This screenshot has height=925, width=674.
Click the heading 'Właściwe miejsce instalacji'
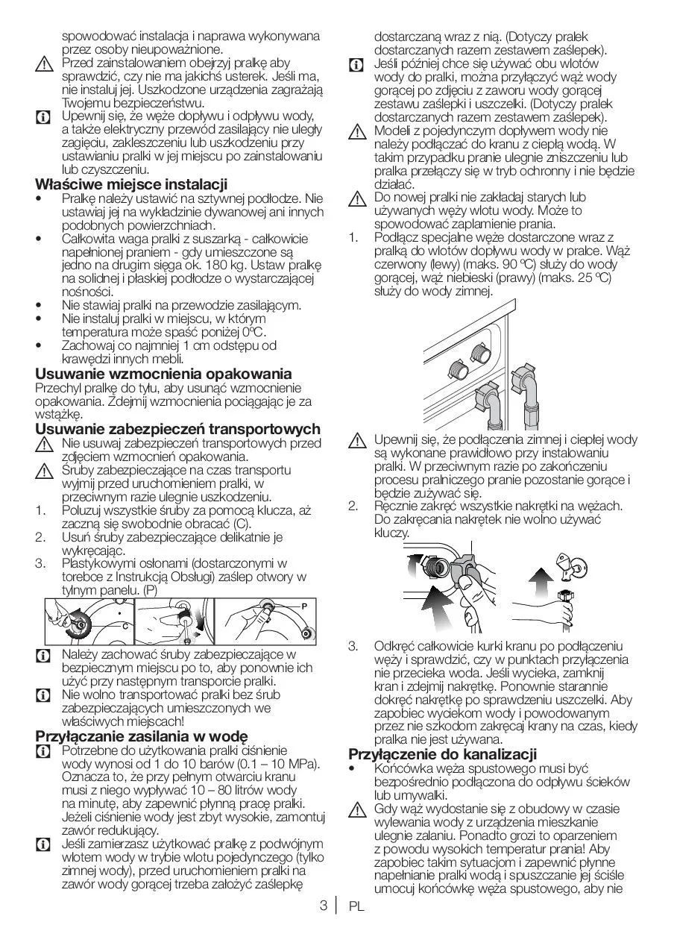coord(132,184)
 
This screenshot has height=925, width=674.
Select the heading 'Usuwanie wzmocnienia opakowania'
coord(163,373)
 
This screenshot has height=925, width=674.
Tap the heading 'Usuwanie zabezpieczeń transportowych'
coord(177,428)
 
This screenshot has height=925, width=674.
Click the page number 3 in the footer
coord(323,906)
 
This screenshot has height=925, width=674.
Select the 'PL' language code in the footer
coord(355,907)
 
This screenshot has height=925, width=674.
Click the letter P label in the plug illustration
coord(304,605)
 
